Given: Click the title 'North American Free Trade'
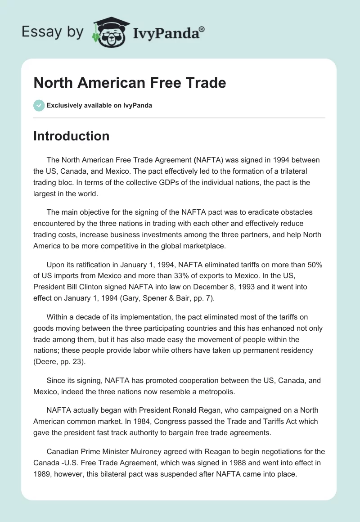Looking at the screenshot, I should pyautogui.click(x=130, y=83).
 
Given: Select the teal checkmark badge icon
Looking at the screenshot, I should pyautogui.click(x=39, y=105).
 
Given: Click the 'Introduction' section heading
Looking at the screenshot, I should pyautogui.click(x=71, y=136).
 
